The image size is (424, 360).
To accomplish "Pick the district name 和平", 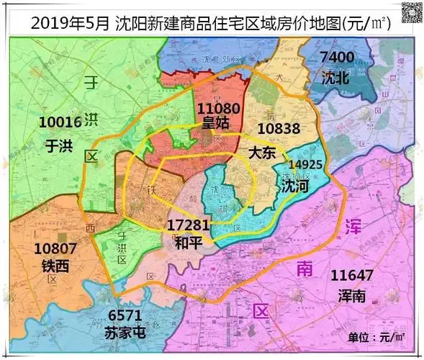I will (189, 243).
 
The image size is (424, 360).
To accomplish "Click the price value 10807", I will (56, 249).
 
